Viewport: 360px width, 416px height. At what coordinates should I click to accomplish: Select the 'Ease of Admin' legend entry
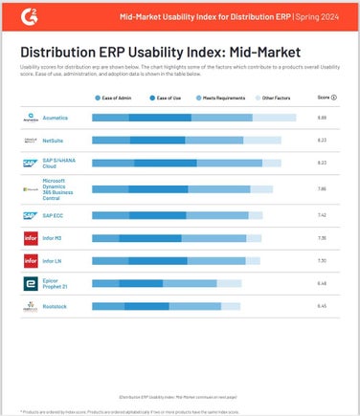[x=118, y=98]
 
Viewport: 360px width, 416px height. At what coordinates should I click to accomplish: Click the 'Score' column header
[x=326, y=98]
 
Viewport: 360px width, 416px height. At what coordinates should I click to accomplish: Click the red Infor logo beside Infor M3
[x=30, y=236]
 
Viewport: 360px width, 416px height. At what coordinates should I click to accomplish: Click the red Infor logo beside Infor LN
[x=30, y=260]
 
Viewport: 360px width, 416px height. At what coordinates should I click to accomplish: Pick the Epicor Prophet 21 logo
[x=30, y=283]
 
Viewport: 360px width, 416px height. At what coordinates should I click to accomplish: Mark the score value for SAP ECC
[x=322, y=215]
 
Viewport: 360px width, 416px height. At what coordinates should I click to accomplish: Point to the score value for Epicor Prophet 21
[x=322, y=283]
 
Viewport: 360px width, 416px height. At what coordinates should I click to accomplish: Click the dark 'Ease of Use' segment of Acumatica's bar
[x=160, y=118]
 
